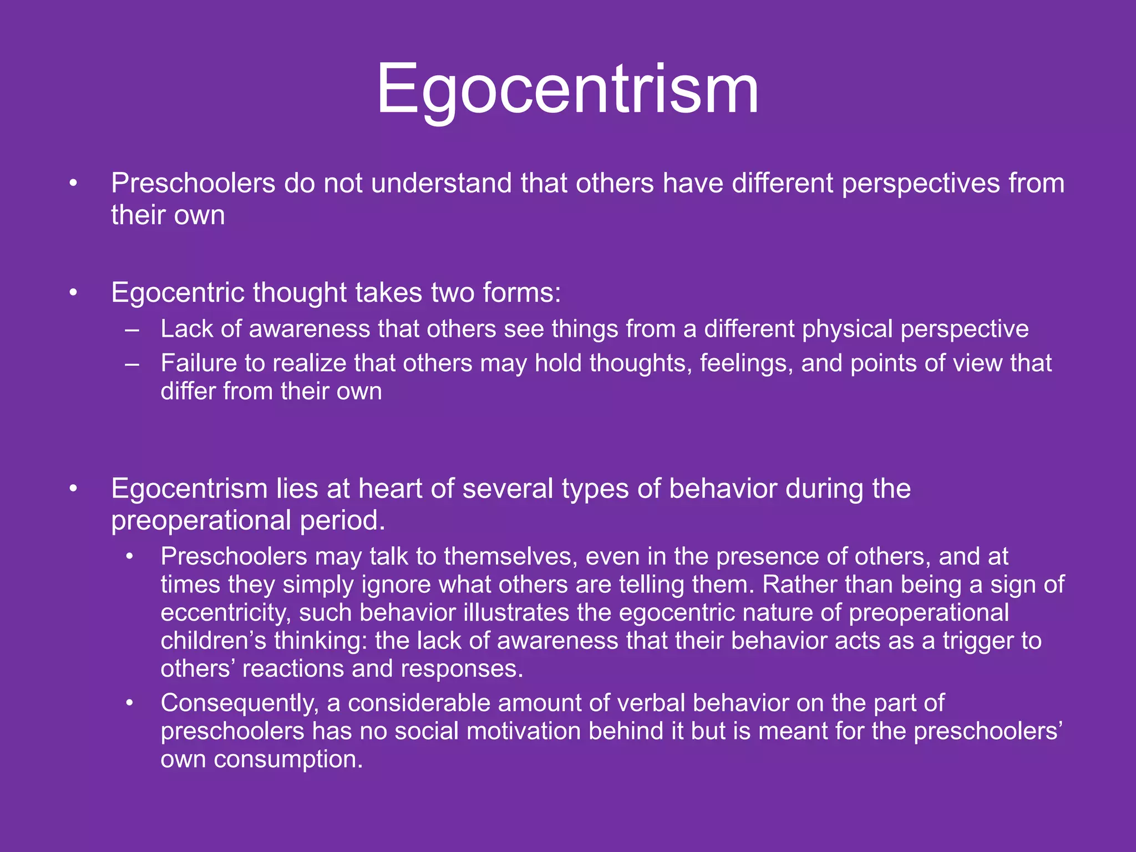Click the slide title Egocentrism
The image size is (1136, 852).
coord(567,89)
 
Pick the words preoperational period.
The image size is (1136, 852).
coord(247,520)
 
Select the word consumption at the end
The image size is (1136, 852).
coord(288,759)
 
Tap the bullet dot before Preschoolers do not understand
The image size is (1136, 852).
coord(73,184)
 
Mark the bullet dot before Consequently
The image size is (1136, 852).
coord(129,703)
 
